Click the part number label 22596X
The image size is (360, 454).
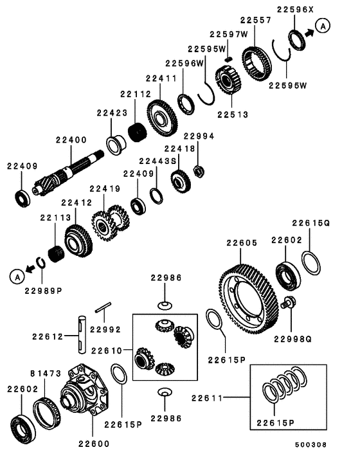click(x=296, y=9)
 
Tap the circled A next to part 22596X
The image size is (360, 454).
click(x=323, y=26)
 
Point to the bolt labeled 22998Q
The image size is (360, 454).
click(x=291, y=302)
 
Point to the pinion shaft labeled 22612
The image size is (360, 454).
click(x=81, y=334)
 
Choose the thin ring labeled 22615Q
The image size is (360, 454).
click(x=311, y=264)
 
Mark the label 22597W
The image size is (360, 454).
click(x=228, y=34)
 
